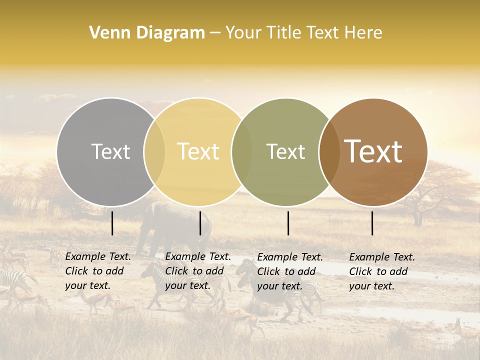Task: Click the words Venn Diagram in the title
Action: pos(147,33)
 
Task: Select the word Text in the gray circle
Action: pos(110,151)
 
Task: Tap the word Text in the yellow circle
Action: pos(198,151)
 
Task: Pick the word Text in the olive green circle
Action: pos(285,151)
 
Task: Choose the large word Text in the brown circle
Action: pos(373,151)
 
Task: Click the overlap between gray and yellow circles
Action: pos(154,151)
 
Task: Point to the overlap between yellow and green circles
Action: pos(242,151)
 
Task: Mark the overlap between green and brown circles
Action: pos(329,151)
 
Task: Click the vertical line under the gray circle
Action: pos(112,223)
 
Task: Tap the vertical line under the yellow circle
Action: pos(200,223)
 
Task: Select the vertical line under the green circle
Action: pos(288,223)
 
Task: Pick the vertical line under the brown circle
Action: pos(372,223)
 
